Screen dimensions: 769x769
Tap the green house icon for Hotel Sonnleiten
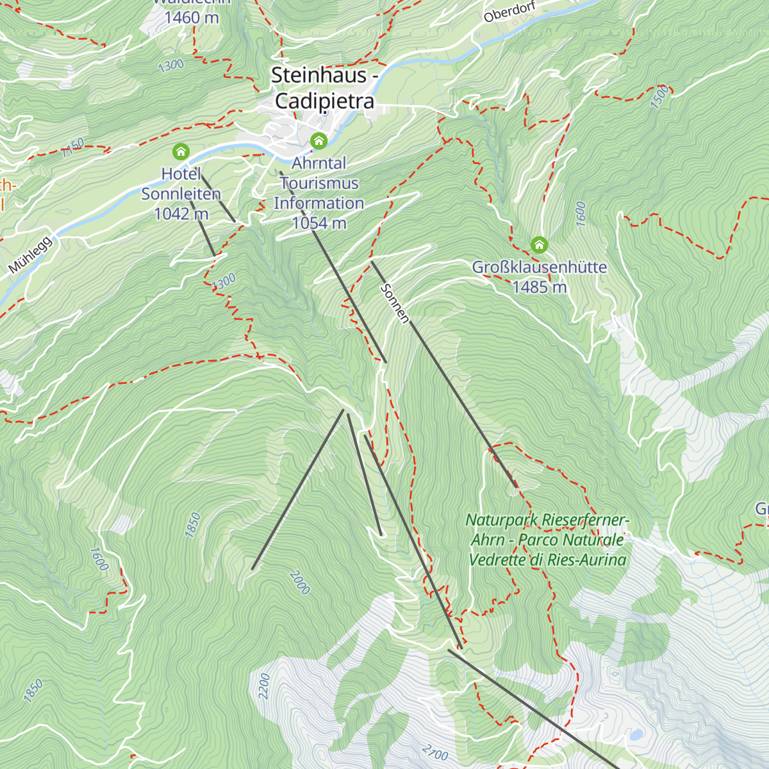click(x=181, y=152)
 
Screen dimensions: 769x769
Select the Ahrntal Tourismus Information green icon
click(x=318, y=140)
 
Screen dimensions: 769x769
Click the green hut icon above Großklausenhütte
click(x=540, y=245)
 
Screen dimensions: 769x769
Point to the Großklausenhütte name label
click(x=539, y=267)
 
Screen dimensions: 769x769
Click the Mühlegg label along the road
click(x=30, y=255)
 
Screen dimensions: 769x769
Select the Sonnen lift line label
click(x=394, y=303)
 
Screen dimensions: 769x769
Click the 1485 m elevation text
click(x=539, y=287)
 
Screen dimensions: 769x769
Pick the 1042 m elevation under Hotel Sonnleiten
click(x=181, y=213)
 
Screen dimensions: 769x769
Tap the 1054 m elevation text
click(x=319, y=223)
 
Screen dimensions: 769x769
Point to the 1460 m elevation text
click(x=192, y=17)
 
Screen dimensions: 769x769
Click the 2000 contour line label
click(x=300, y=583)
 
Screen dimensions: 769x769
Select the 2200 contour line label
click(x=264, y=686)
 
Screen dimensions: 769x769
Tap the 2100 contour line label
click(x=436, y=750)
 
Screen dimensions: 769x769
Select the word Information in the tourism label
click(x=319, y=203)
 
